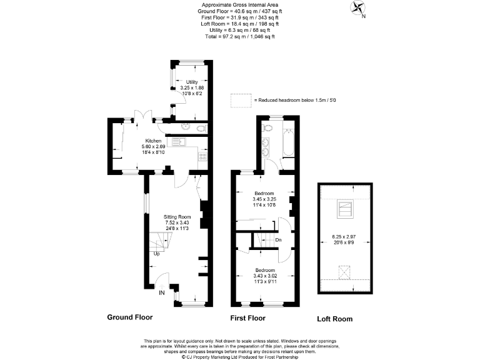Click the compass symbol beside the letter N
tap(358, 9)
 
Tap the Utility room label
tap(192, 82)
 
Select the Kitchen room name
tap(153, 141)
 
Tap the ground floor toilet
tap(199, 128)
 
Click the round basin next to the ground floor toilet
tap(185, 127)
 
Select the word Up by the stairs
tap(156, 254)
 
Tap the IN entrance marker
tap(162, 292)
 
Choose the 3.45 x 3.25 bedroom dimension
tap(263, 199)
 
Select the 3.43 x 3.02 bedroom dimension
tap(263, 276)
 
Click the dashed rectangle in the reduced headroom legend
tap(240, 100)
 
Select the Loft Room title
tap(334, 319)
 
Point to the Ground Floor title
tap(130, 317)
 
